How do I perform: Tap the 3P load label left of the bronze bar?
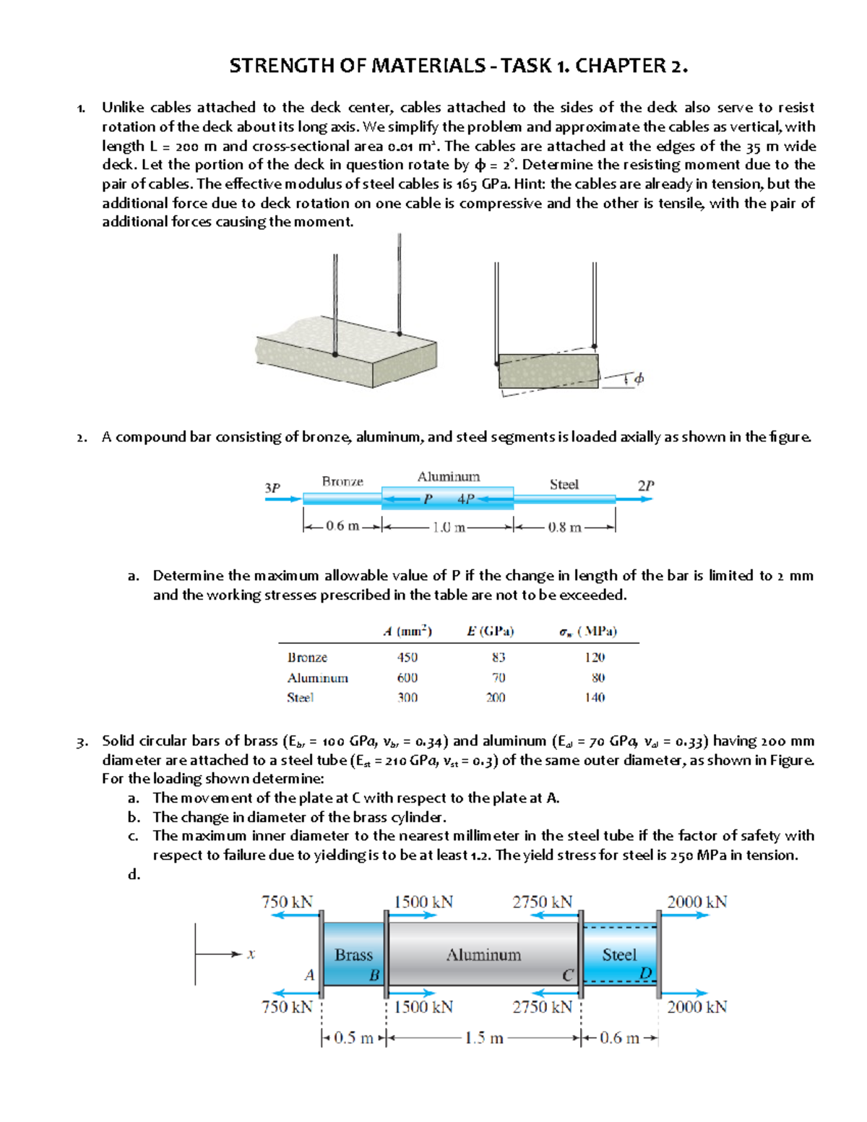[272, 488]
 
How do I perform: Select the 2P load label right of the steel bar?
[645, 486]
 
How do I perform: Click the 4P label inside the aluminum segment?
[465, 499]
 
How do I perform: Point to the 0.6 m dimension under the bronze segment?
[342, 527]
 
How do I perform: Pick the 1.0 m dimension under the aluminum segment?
[449, 527]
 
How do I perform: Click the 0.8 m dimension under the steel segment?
[564, 527]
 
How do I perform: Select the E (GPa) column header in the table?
[491, 631]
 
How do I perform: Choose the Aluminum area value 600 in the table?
[407, 678]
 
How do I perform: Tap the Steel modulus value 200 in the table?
[496, 698]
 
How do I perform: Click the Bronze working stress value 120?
[595, 657]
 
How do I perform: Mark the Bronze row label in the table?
[307, 657]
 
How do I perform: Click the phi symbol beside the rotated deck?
[639, 379]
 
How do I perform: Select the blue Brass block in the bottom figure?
[353, 954]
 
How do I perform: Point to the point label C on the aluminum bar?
[567, 975]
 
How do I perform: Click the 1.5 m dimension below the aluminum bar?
[483, 1038]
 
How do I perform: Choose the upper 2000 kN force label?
[696, 902]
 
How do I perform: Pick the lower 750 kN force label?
[287, 1006]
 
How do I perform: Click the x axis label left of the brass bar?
[251, 954]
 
